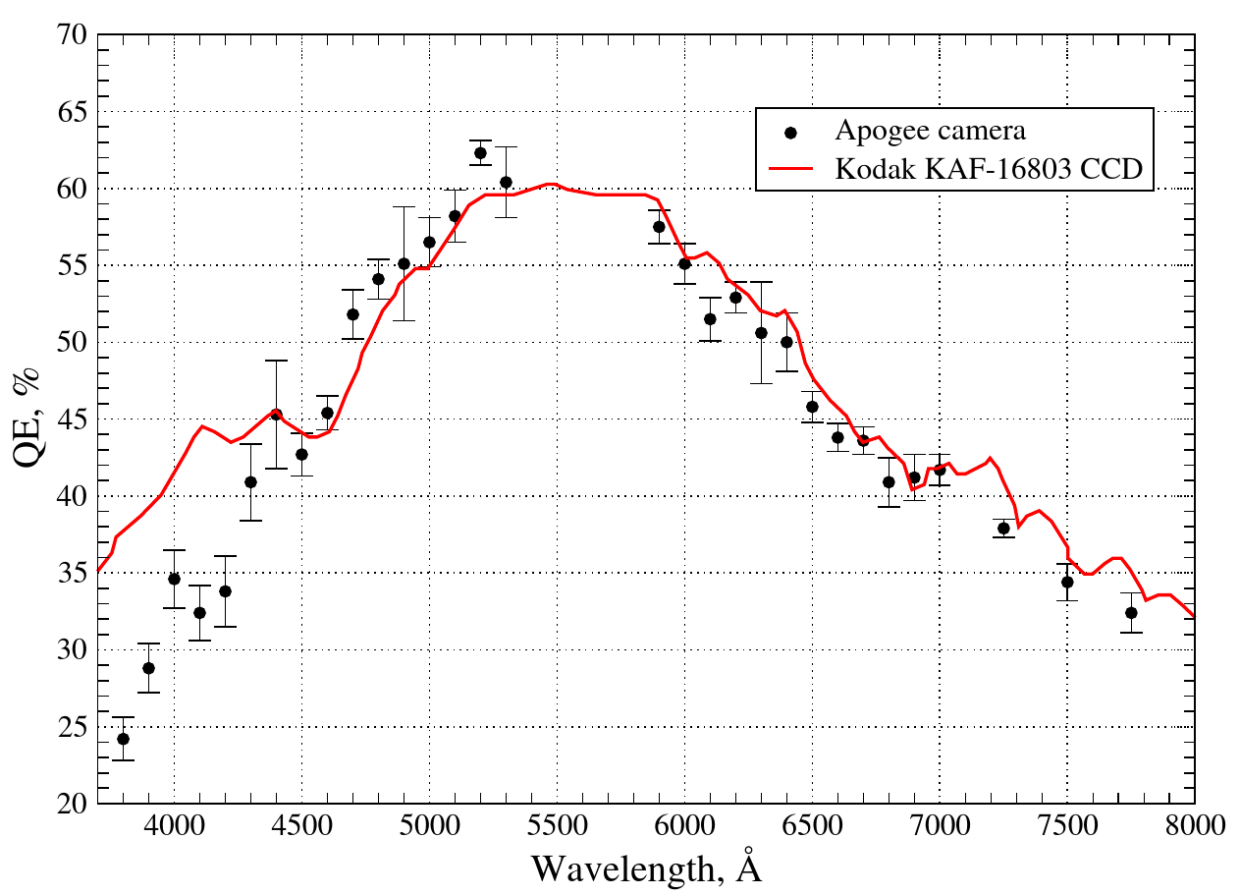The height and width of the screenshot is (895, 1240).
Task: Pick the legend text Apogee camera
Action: click(x=931, y=131)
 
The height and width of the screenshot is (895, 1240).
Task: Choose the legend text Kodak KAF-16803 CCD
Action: click(x=990, y=169)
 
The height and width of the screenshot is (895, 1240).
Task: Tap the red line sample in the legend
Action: click(x=790, y=169)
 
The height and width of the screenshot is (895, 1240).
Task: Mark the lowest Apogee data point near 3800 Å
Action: click(x=123, y=739)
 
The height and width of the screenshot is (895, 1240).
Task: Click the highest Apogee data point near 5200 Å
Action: click(x=480, y=152)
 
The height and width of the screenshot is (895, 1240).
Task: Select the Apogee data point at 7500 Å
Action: click(x=1067, y=582)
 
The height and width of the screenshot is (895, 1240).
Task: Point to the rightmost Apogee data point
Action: click(x=1131, y=612)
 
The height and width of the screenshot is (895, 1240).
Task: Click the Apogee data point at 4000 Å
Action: click(x=174, y=579)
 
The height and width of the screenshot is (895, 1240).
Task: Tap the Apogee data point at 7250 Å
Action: click(x=1003, y=528)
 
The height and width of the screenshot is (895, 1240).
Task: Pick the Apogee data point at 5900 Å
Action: click(x=659, y=226)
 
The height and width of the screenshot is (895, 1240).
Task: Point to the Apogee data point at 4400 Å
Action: click(x=276, y=415)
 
